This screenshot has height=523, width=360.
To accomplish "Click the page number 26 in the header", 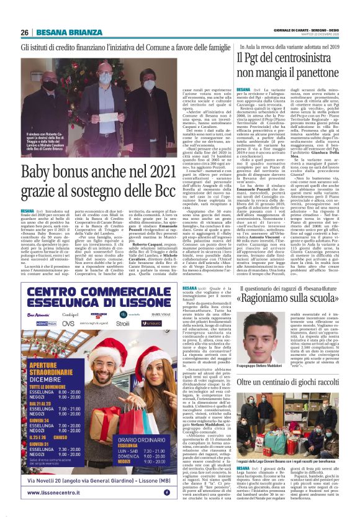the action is click(24, 33).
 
